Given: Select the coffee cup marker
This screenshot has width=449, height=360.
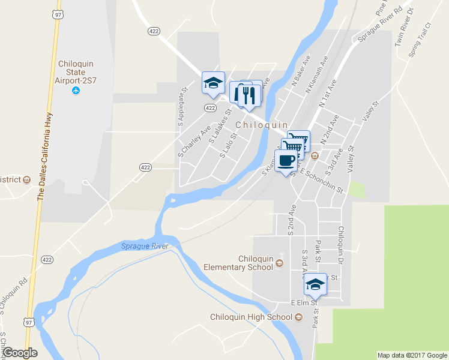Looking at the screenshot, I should pyautogui.click(x=286, y=161).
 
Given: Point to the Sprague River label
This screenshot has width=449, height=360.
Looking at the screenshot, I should pyautogui.click(x=145, y=246).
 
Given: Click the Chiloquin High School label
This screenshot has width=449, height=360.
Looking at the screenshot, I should pyautogui.click(x=251, y=317).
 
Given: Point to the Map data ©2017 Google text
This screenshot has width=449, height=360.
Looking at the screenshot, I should pyautogui.click(x=412, y=355).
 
